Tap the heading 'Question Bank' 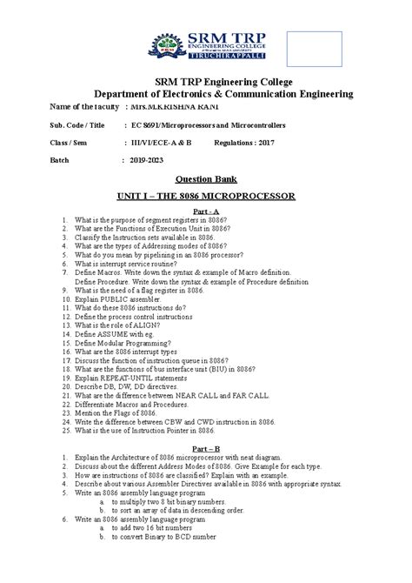click(206, 178)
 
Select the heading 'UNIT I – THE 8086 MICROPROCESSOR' click(206, 197)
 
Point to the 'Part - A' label click(206, 212)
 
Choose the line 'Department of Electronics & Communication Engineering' click(206, 92)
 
